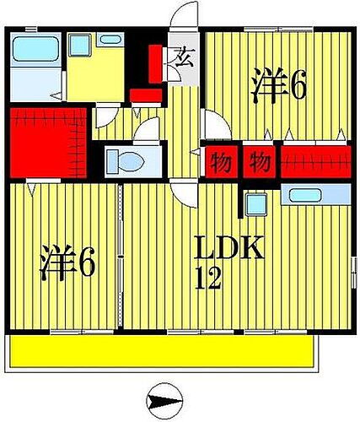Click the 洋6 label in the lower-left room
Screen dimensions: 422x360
pyautogui.click(x=67, y=263)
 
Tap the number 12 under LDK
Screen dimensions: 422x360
pyautogui.click(x=208, y=278)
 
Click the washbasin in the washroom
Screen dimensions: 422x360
pyautogui.click(x=109, y=39)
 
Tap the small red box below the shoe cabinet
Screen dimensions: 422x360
pyautogui.click(x=146, y=95)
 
